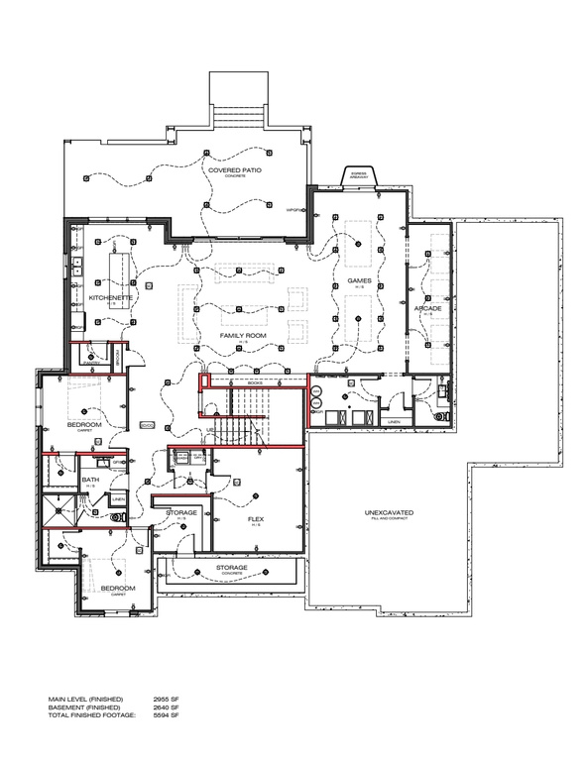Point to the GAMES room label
pyautogui.click(x=358, y=281)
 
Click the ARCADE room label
pyautogui.click(x=427, y=309)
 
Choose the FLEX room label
pyautogui.click(x=255, y=518)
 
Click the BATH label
pyautogui.click(x=89, y=480)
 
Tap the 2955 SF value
pyautogui.click(x=162, y=700)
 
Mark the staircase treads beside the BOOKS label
pyautogui.click(x=248, y=401)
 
